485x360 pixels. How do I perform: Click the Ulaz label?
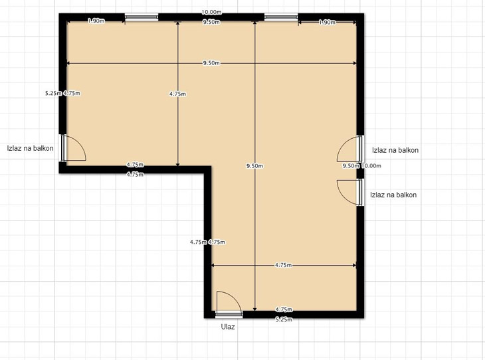point(228,327)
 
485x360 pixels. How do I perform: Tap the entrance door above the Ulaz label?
point(229,304)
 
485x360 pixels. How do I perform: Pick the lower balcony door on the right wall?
point(350,193)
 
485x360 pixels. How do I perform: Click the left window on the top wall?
point(142,17)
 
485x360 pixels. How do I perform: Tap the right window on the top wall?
point(281,17)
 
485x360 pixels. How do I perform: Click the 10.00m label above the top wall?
point(211,12)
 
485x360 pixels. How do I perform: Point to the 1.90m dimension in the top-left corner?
point(96,21)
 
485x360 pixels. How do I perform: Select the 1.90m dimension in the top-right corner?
point(327,23)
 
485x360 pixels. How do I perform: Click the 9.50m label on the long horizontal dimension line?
point(211,63)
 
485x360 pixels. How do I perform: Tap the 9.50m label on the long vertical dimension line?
point(254,166)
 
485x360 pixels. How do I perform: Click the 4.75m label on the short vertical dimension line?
point(178,94)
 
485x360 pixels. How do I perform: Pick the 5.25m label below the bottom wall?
point(284,319)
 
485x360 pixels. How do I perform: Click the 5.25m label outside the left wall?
point(54,93)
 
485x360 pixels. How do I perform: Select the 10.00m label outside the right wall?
point(371,166)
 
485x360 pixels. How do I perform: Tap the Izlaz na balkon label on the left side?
point(31,148)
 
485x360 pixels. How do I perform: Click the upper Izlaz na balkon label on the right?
point(395,150)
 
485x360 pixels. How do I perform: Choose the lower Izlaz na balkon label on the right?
point(393,195)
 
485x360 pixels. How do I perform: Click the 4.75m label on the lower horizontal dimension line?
point(283,265)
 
